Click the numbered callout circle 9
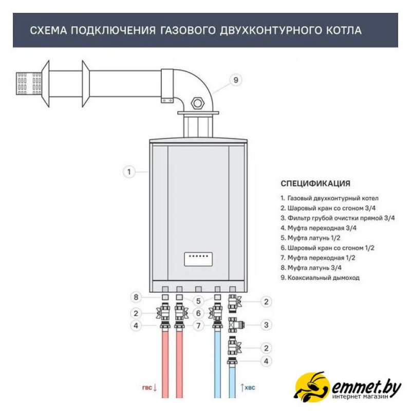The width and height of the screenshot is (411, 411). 235,80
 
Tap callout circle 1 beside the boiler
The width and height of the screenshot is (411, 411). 129,172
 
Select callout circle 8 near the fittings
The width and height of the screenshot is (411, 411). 136,297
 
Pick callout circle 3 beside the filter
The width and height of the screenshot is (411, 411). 266,325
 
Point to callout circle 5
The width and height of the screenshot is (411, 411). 198,301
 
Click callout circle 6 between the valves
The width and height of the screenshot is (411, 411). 198,313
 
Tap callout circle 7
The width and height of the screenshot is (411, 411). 198,326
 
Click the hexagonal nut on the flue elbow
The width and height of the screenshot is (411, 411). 198,103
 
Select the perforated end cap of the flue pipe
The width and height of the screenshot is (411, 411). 29,83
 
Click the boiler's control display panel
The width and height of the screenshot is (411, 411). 198,259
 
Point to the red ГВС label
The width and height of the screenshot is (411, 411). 147,387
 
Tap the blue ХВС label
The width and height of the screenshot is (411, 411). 250,387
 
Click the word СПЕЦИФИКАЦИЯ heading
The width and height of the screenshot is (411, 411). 315,183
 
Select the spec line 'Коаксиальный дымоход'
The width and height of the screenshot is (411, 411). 320,277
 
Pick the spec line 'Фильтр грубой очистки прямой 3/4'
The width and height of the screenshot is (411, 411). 338,218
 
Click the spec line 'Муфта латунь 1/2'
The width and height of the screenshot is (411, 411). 310,238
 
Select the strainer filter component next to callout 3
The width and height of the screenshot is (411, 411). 236,325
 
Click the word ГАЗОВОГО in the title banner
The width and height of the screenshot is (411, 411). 188,30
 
